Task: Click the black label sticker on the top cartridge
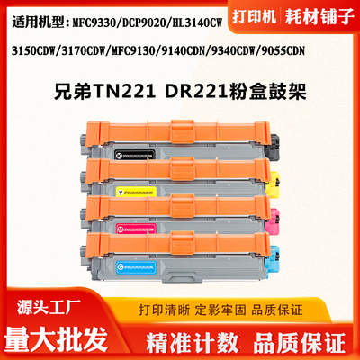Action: [x=141, y=154]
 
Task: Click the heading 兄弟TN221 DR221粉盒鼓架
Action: [x=180, y=92]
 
